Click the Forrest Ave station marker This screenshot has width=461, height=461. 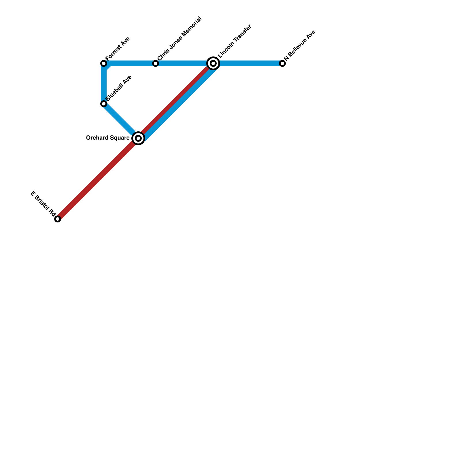click(x=104, y=63)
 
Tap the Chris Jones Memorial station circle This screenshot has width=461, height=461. click(x=156, y=63)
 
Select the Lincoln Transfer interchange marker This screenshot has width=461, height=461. click(x=213, y=63)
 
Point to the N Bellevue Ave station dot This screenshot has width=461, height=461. click(x=282, y=63)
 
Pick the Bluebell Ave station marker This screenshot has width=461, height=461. click(x=104, y=104)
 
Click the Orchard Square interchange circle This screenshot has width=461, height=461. click(x=138, y=138)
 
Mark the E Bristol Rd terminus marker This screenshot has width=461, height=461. click(x=58, y=219)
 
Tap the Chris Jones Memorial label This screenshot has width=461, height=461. click(x=179, y=39)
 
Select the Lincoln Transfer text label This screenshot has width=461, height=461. click(x=235, y=41)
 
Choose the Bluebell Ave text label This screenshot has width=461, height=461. click(x=119, y=88)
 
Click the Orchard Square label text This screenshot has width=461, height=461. click(x=108, y=138)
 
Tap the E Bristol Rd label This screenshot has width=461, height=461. click(x=43, y=203)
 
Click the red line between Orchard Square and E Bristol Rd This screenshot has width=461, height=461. click(x=98, y=179)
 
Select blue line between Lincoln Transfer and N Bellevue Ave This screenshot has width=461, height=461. click(x=248, y=63)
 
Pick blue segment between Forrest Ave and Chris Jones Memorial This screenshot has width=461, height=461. click(x=130, y=63)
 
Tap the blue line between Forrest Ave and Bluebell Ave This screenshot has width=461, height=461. click(x=104, y=84)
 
